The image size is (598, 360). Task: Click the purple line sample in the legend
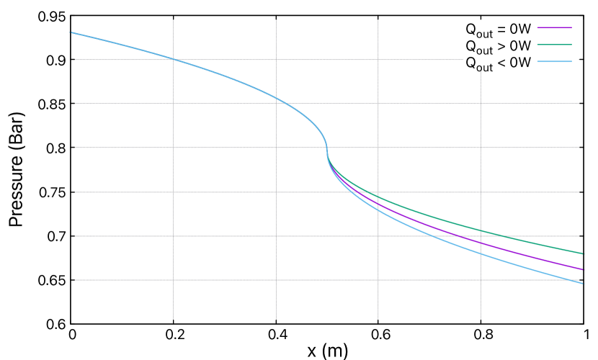(554, 28)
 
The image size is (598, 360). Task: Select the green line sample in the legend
(554, 45)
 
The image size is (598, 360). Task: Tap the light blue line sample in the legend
(554, 62)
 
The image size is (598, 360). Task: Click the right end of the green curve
(583, 253)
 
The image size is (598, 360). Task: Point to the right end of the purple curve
(583, 269)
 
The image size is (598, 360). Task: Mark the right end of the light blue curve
(583, 283)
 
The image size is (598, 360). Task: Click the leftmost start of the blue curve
(71, 32)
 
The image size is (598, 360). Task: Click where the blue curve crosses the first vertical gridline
(173, 59)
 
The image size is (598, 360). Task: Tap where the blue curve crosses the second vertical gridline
(276, 97)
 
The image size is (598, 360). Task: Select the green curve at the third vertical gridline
(378, 197)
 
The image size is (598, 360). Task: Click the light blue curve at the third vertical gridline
(378, 210)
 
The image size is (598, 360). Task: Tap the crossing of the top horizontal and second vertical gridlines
(276, 60)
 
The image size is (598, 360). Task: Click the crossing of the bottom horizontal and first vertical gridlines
(173, 280)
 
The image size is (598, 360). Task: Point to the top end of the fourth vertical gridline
(481, 71)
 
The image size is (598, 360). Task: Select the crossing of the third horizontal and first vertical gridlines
(173, 148)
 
